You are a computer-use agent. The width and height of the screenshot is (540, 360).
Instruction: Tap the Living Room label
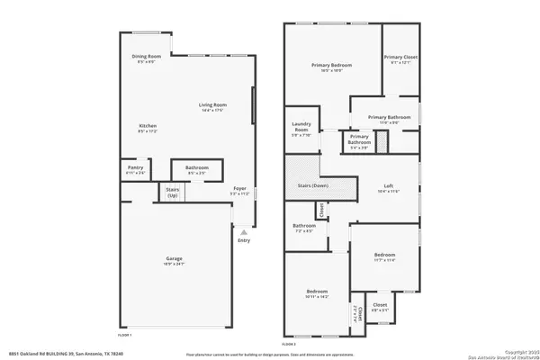point(213,106)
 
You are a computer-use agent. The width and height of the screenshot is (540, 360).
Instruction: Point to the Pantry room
point(136,168)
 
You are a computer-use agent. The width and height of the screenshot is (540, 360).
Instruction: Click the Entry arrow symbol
point(243,231)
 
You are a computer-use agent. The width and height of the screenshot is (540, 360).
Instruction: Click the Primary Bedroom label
point(331,66)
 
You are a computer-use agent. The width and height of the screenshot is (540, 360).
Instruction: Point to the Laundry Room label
point(301,131)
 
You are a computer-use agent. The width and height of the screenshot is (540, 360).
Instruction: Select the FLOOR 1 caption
point(125,334)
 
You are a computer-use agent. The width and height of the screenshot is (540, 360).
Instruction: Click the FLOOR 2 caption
point(288,344)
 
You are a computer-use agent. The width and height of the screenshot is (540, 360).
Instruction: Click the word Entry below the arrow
point(243,240)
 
